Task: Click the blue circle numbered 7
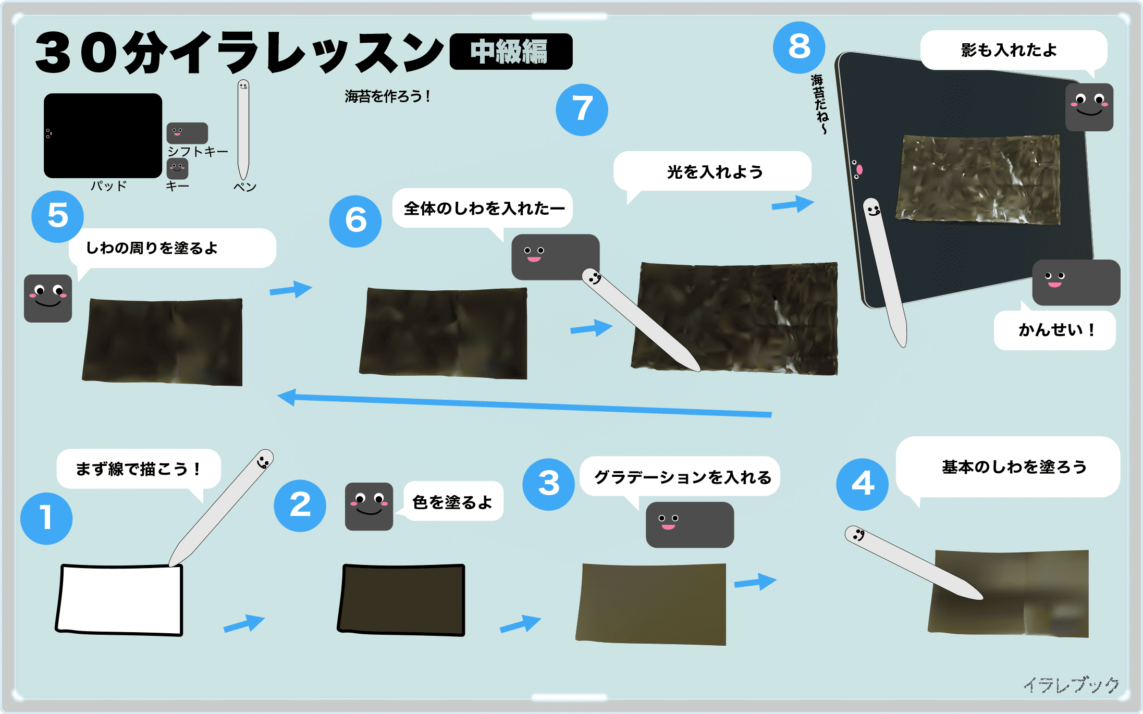582,110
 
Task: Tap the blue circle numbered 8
798,47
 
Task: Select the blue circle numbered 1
46,519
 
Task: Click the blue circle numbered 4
862,484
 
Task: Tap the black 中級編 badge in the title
511,52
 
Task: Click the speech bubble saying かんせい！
1054,330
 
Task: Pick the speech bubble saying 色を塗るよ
452,501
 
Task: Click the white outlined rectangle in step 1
120,600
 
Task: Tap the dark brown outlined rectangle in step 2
401,599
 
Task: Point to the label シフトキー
198,152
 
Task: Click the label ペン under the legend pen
244,187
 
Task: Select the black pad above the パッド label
103,136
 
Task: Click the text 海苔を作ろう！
387,96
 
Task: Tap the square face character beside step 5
48,298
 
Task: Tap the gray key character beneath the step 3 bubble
690,524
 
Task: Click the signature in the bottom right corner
1072,685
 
